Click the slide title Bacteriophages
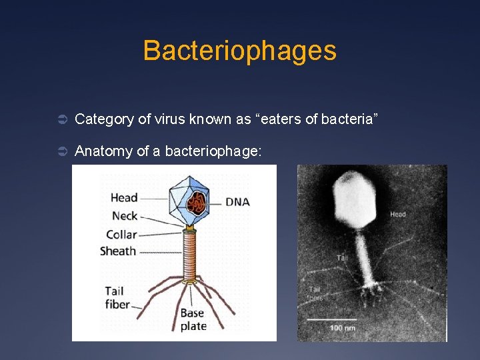click(x=239, y=51)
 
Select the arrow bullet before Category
click(x=59, y=120)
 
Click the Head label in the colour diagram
click(x=124, y=197)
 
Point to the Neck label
click(x=125, y=215)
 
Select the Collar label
click(x=121, y=234)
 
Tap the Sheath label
click(x=118, y=251)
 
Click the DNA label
click(x=237, y=201)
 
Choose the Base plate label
click(x=193, y=319)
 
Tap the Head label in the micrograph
click(x=397, y=214)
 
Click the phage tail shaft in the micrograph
click(x=365, y=257)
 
